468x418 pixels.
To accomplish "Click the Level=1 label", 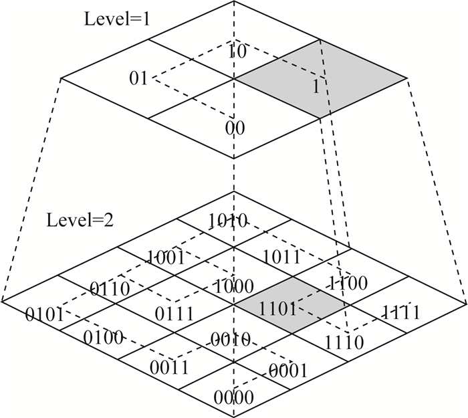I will click(116, 19).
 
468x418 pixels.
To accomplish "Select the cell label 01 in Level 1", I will click(138, 80).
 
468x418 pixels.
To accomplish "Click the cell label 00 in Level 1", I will click(235, 128).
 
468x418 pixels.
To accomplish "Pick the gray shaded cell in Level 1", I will click(320, 80).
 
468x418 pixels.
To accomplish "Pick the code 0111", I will click(174, 313).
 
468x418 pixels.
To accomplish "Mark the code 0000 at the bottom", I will click(234, 397).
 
